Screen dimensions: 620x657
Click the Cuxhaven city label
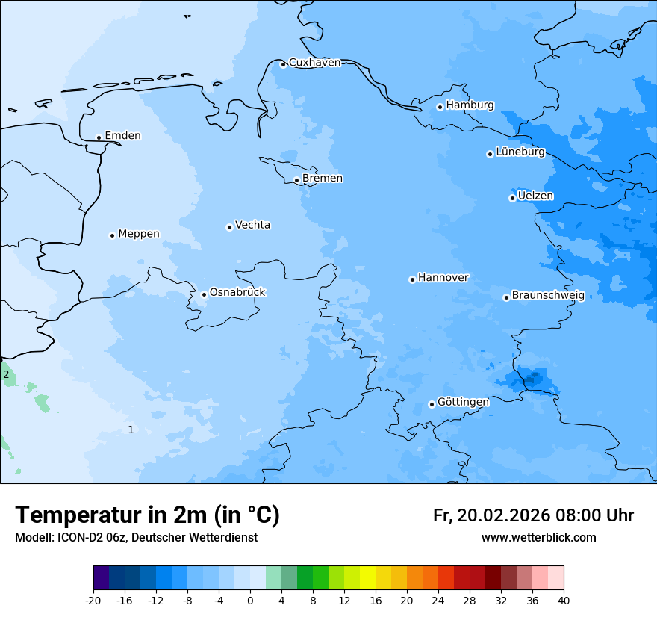314,63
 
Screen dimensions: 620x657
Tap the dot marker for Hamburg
440,107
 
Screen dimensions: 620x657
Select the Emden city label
122,136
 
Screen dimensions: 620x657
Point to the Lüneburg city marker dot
490,154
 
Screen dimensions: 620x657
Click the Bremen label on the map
323,179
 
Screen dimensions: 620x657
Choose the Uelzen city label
535,196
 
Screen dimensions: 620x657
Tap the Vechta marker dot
229,227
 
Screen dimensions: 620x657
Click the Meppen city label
138,234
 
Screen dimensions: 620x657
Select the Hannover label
443,278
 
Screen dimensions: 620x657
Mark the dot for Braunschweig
506,297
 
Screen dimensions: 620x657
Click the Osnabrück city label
237,292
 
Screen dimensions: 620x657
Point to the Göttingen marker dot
432,404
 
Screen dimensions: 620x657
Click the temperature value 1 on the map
131,430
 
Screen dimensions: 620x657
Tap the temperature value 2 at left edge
6,374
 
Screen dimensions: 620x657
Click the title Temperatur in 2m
148,515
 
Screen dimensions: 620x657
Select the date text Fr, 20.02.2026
491,515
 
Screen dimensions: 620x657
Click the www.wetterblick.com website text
538,538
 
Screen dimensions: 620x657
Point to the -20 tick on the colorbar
93,600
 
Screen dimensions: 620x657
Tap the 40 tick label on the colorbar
563,600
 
